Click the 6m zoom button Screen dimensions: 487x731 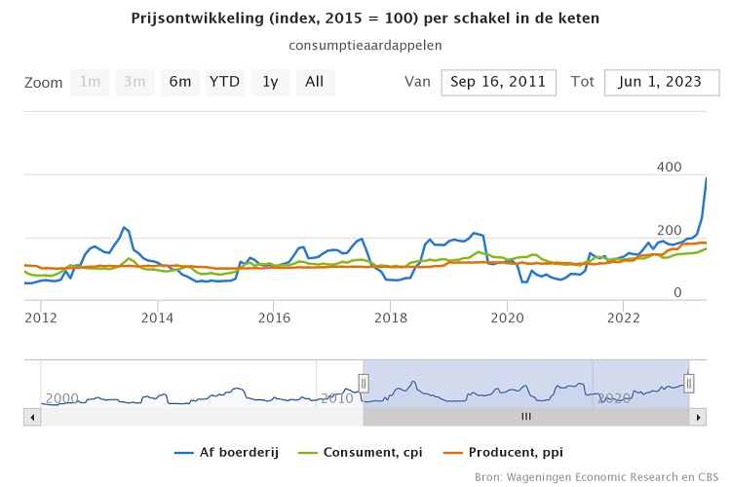tap(180, 82)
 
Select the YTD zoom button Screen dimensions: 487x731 tap(225, 82)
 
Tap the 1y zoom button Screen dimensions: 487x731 tap(270, 82)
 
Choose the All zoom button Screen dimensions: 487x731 tap(315, 82)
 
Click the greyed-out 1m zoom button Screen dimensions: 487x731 tap(91, 82)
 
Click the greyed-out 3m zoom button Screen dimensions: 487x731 tap(135, 82)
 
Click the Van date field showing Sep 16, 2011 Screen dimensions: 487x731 tap(499, 83)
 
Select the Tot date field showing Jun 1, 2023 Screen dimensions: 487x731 tap(662, 83)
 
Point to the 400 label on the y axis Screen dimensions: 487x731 tap(669, 168)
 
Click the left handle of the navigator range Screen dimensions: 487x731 tap(364, 384)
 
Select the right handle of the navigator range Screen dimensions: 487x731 tap(688, 384)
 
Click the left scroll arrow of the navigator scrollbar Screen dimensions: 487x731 tap(32, 417)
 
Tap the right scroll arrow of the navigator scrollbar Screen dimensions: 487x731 tap(698, 417)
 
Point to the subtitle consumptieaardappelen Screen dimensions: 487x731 tap(365, 45)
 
